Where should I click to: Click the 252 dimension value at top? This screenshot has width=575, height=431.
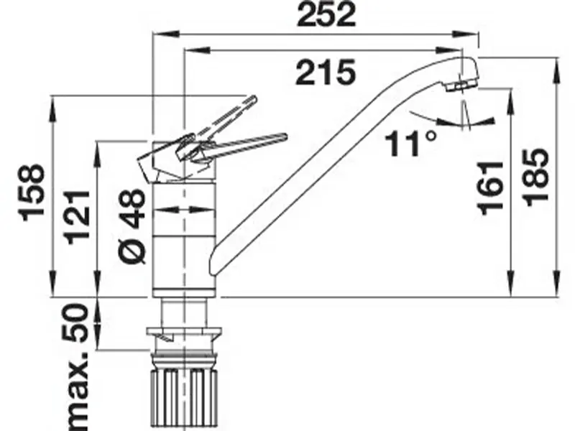point(326,14)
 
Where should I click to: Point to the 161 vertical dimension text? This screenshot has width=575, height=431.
point(490,187)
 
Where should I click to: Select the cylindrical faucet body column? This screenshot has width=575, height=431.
point(185,237)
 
